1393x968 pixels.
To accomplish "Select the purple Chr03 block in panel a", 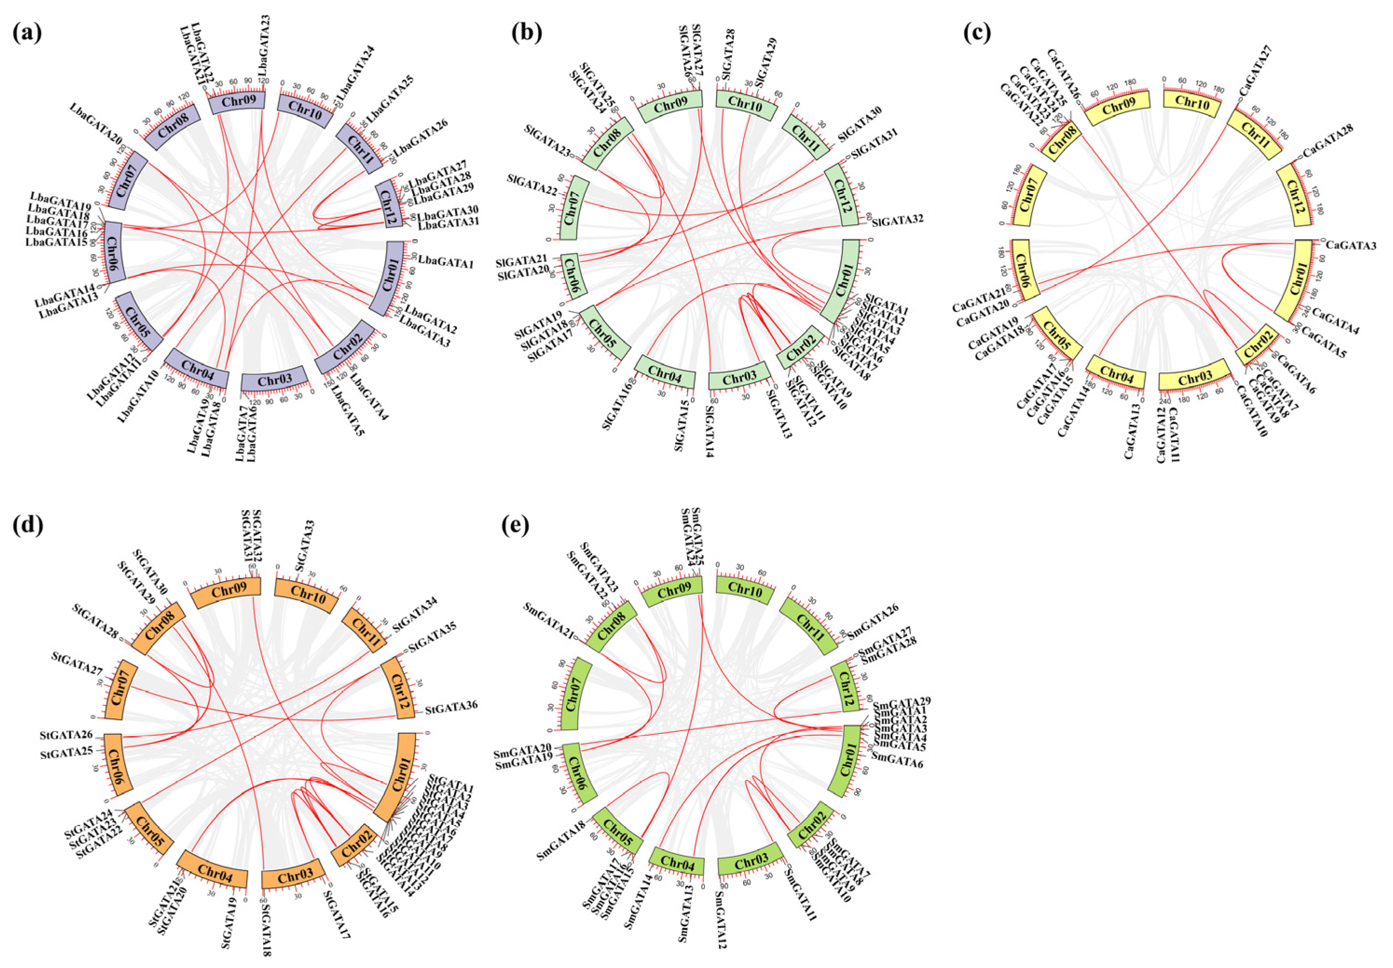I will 275,381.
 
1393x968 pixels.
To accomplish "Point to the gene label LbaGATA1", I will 445,263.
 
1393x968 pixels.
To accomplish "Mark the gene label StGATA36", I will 451,707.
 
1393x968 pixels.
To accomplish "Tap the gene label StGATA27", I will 78,664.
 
